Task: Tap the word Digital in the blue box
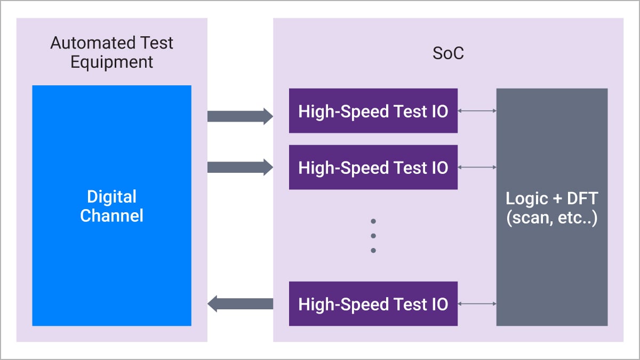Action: pyautogui.click(x=111, y=197)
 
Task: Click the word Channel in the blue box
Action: pyautogui.click(x=111, y=215)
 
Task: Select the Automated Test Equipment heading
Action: pyautogui.click(x=111, y=52)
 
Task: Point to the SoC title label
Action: pyautogui.click(x=448, y=54)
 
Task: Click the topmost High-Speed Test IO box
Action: pyautogui.click(x=373, y=111)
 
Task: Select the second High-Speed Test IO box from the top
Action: pyautogui.click(x=373, y=167)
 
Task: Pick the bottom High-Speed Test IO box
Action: pyautogui.click(x=373, y=304)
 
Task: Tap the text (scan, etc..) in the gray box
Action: pyautogui.click(x=551, y=218)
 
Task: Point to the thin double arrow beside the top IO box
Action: pyautogui.click(x=477, y=111)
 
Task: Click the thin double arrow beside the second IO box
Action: pyautogui.click(x=477, y=167)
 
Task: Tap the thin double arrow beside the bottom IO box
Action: pyautogui.click(x=477, y=304)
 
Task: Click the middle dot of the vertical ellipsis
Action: pyautogui.click(x=373, y=236)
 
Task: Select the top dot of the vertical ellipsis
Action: pyautogui.click(x=373, y=221)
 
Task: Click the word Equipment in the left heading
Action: pyautogui.click(x=111, y=61)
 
